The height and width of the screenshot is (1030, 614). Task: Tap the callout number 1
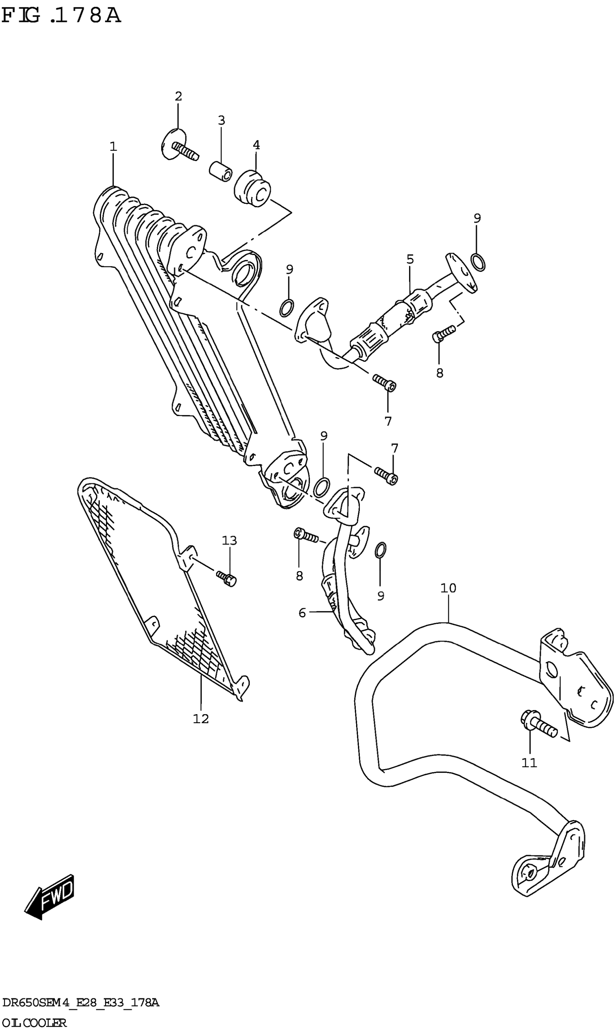[x=113, y=147]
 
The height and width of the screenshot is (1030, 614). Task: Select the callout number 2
[x=178, y=96]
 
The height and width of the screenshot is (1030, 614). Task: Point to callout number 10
[x=448, y=588]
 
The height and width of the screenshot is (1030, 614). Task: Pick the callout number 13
[x=229, y=540]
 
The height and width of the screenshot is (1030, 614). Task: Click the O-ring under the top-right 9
[x=478, y=262]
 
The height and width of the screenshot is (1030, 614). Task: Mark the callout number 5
[x=410, y=259]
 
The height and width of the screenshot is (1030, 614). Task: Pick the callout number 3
[x=221, y=120]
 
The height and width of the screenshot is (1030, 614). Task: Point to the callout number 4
[x=256, y=145]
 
